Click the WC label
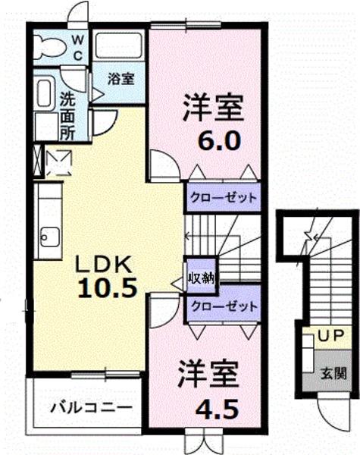77,48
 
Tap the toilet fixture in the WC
49,47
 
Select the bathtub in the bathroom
119,45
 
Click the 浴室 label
121,79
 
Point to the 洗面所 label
67,116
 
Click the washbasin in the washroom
44,93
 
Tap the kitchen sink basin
50,237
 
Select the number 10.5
107,288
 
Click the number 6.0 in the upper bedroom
219,140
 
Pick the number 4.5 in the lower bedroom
217,408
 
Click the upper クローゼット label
223,198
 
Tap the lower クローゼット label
224,306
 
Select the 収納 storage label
202,278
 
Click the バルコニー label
91,408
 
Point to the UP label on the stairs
330,335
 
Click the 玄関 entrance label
333,373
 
